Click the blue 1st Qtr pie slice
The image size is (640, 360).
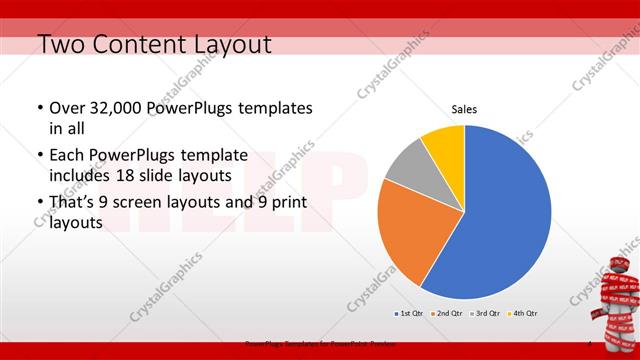(505, 215)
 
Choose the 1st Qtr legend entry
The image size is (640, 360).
(408, 314)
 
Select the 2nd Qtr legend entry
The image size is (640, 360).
(446, 314)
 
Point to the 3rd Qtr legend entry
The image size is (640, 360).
(485, 314)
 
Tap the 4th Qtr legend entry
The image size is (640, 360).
(523, 314)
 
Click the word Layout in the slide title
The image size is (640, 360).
(227, 44)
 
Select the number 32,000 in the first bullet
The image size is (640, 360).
(119, 108)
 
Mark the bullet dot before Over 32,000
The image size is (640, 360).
(39, 108)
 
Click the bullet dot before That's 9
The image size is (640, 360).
(39, 203)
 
